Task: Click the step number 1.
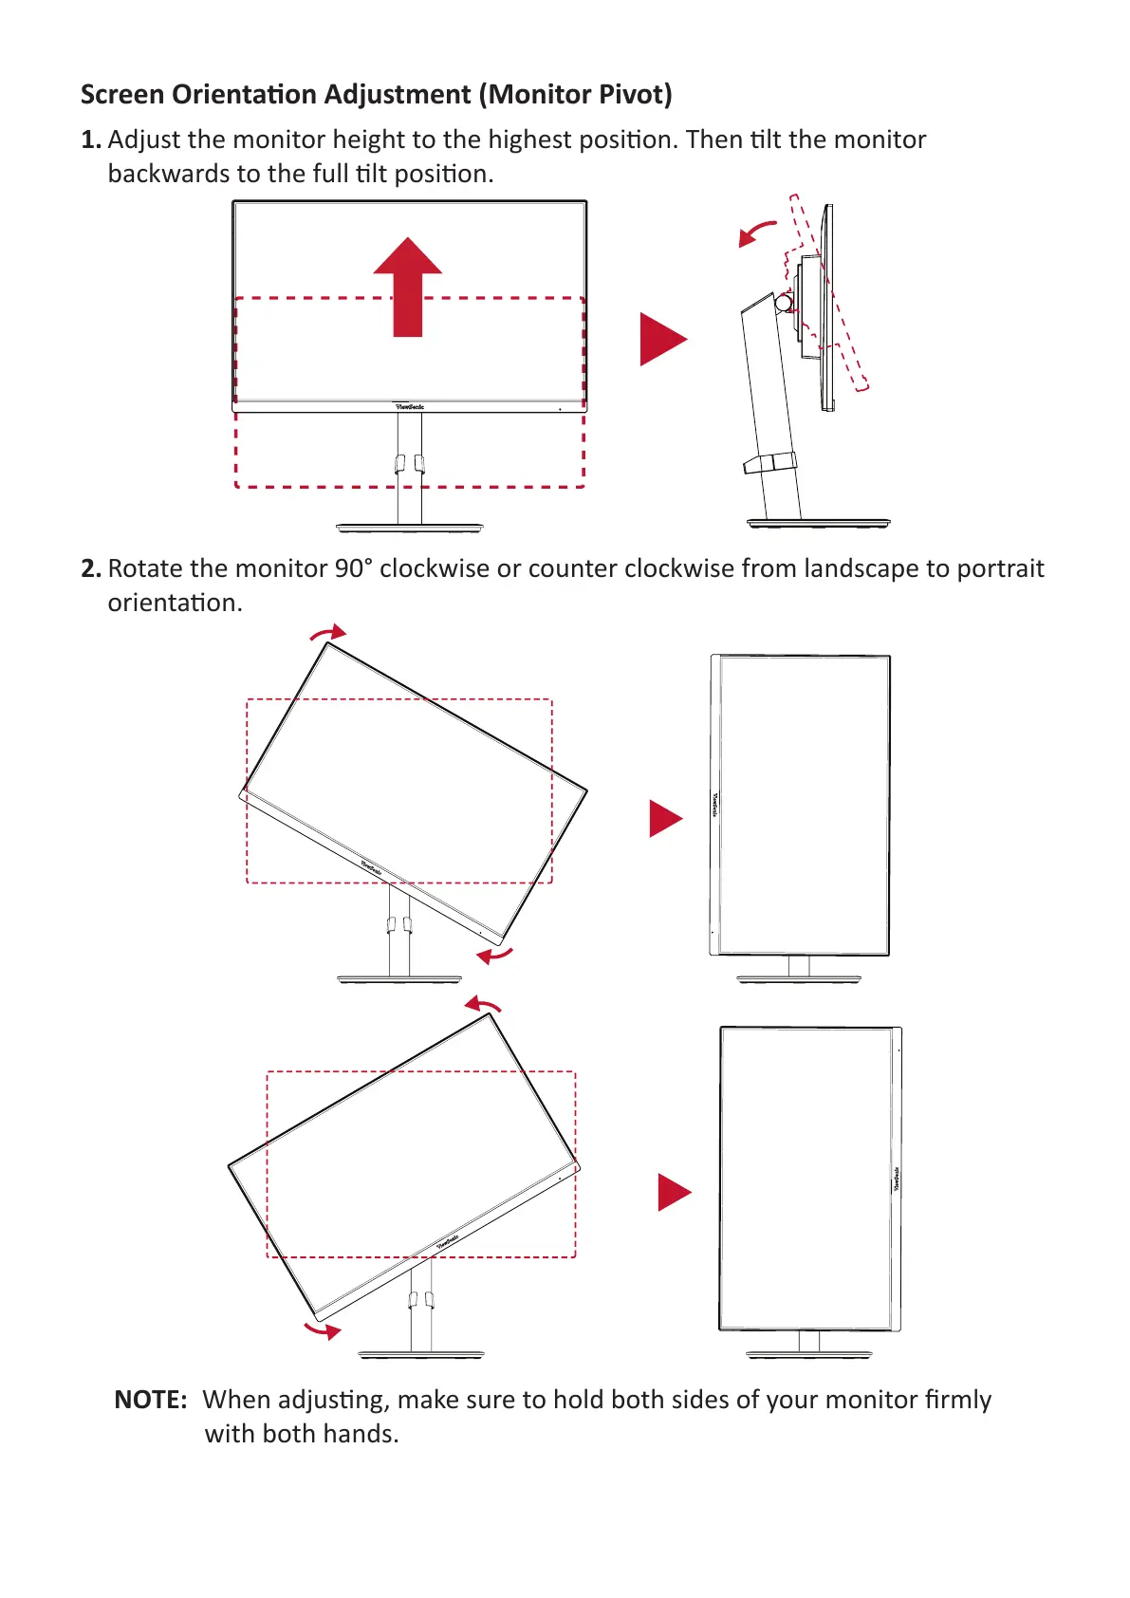(90, 140)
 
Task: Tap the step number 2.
(90, 569)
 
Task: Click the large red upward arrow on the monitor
(408, 285)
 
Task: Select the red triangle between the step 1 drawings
(661, 339)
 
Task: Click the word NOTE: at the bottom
(150, 1400)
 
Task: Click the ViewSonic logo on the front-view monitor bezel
(410, 406)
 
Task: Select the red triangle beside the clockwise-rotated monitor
(664, 818)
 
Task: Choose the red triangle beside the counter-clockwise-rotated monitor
(673, 1192)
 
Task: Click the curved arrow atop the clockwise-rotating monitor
(329, 633)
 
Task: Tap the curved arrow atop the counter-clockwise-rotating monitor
(483, 1005)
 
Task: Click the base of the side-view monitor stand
(818, 522)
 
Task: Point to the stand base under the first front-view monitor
(410, 527)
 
